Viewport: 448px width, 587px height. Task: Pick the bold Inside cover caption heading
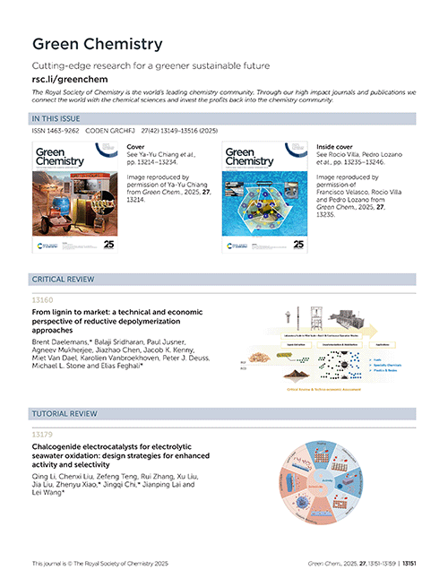[337, 144]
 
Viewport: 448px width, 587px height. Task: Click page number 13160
[42, 301]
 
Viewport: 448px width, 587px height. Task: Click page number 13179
[42, 435]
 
